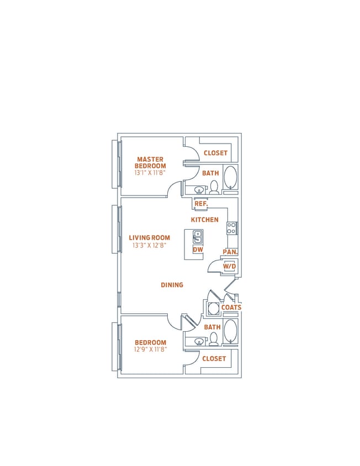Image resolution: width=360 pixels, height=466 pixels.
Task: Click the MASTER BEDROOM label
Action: pos(150,162)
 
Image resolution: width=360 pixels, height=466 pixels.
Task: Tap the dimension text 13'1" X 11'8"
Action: pos(150,173)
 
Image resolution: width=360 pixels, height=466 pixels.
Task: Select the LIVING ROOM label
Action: pos(150,238)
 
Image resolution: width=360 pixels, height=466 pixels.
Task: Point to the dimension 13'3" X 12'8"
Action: pos(150,246)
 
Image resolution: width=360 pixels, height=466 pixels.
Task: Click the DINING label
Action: pos(172,285)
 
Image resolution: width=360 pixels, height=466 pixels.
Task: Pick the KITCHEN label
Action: pos(205,220)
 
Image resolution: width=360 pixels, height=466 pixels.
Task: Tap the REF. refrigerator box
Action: pos(201,204)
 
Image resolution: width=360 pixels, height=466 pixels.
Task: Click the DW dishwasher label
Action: pos(197,250)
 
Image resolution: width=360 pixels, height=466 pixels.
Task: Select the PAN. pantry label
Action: pos(230,252)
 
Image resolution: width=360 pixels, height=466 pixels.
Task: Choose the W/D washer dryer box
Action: pos(230,267)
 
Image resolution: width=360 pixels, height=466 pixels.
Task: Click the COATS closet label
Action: pos(231,308)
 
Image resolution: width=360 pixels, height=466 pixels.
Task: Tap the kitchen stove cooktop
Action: pos(232,227)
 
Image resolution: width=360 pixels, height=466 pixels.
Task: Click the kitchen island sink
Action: pos(197,237)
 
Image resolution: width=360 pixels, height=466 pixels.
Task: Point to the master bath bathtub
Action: pos(231,177)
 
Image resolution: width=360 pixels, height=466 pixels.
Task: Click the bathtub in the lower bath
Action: pos(231,332)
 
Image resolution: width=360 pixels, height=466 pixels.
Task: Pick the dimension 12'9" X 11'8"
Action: pos(150,349)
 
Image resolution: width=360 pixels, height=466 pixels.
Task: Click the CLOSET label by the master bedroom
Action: pos(215,153)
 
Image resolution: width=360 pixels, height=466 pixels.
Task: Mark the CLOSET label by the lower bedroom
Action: pos(214,358)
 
